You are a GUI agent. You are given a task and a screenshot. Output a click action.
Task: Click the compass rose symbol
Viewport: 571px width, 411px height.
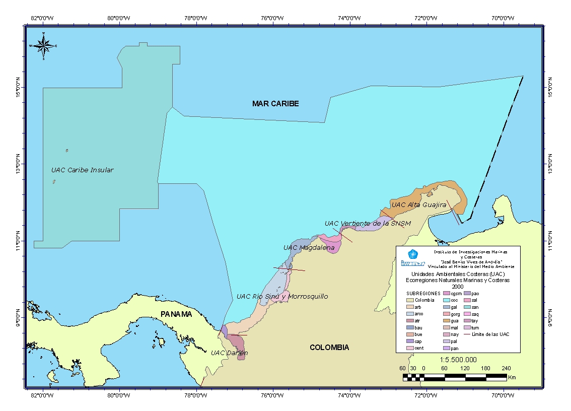pyautogui.click(x=43, y=46)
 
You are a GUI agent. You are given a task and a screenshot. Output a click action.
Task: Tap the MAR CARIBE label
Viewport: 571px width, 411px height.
pyautogui.click(x=275, y=104)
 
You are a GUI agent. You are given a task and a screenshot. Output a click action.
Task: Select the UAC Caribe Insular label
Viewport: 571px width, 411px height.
pyautogui.click(x=82, y=170)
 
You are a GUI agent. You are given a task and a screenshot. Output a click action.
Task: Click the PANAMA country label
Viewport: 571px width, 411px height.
pyautogui.click(x=176, y=314)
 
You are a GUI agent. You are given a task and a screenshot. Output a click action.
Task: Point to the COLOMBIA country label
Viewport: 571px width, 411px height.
pyautogui.click(x=329, y=348)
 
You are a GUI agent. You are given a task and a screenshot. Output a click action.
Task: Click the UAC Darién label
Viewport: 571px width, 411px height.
pyautogui.click(x=229, y=353)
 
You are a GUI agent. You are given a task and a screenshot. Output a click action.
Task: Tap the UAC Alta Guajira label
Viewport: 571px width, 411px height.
pyautogui.click(x=419, y=205)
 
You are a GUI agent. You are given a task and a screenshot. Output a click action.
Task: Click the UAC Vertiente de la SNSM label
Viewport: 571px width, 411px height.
pyautogui.click(x=368, y=223)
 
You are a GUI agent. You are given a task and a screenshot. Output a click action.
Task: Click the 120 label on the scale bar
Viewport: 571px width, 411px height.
pyautogui.click(x=465, y=368)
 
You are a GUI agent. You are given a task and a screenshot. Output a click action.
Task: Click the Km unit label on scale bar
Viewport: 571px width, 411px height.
pyautogui.click(x=512, y=377)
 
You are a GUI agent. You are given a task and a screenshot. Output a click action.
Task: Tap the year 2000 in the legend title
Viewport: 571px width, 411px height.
pyautogui.click(x=457, y=286)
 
